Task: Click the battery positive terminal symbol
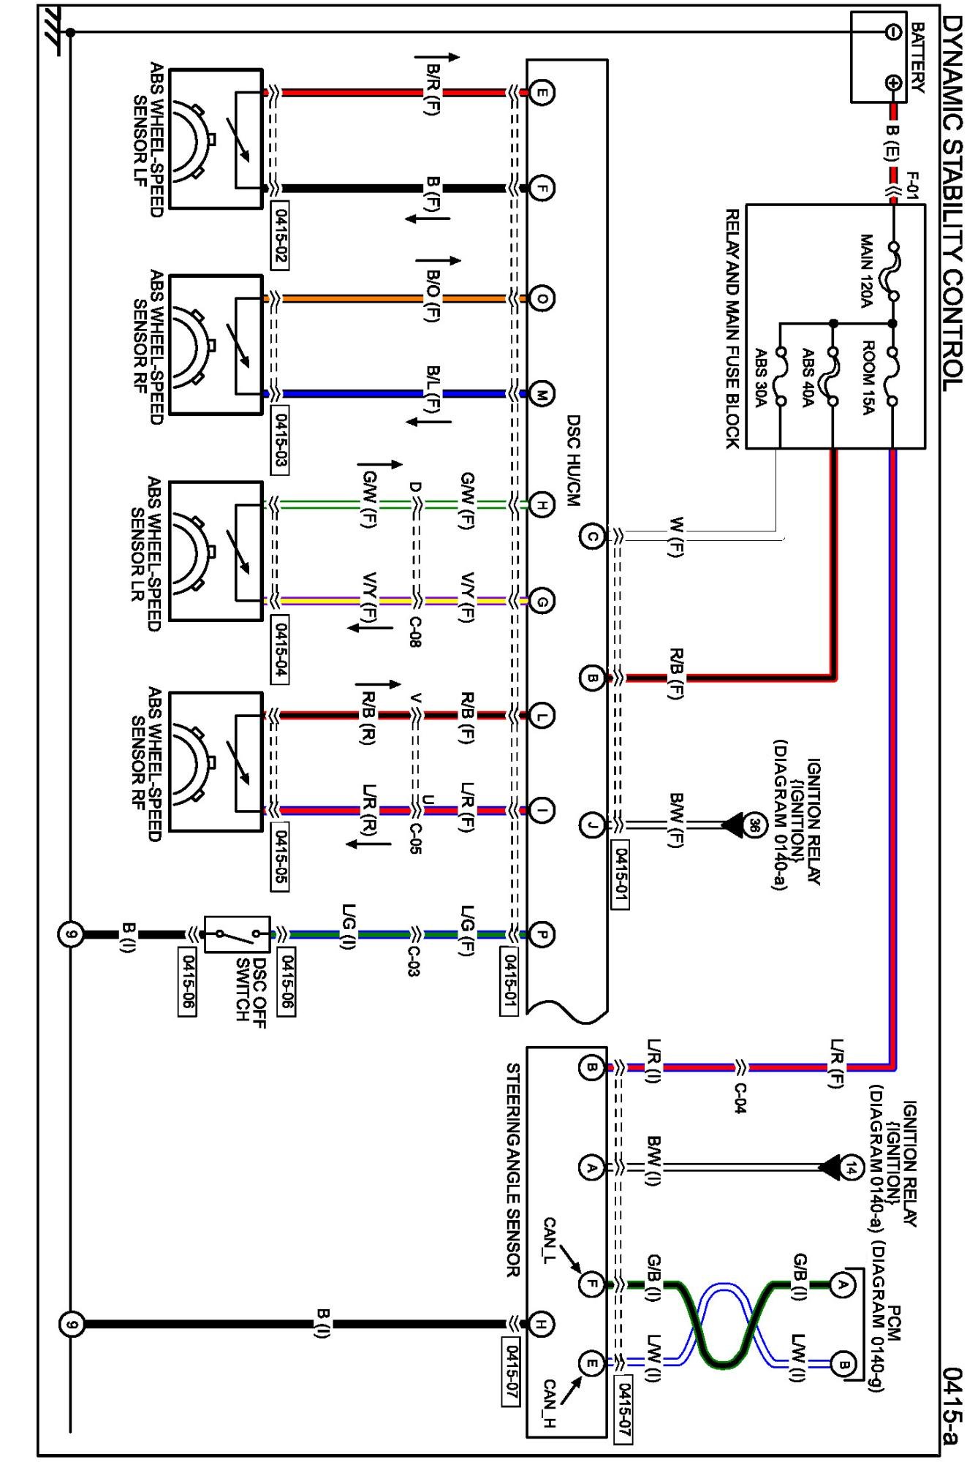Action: (x=893, y=83)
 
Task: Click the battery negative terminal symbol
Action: (x=893, y=31)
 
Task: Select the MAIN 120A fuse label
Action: (x=866, y=270)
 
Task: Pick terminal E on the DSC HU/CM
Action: (x=541, y=93)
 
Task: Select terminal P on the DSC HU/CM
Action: (x=541, y=934)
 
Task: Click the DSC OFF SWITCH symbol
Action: (x=236, y=934)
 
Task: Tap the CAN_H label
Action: (x=550, y=1404)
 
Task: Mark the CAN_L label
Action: (x=550, y=1241)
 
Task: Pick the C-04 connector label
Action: (x=740, y=1099)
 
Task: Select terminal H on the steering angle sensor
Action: (x=541, y=1324)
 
